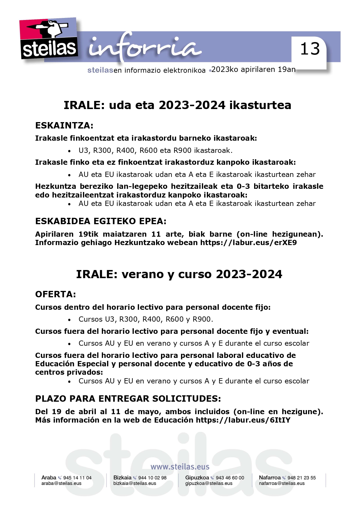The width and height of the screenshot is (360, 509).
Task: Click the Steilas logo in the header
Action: tap(49, 39)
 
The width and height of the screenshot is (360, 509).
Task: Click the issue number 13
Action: tap(310, 49)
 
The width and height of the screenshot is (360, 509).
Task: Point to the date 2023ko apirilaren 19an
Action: tap(254, 70)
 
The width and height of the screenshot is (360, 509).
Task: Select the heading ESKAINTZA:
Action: tap(64, 126)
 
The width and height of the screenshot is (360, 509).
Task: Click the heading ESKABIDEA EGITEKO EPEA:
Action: tap(101, 221)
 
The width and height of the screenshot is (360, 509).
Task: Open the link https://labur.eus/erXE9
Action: tap(249, 242)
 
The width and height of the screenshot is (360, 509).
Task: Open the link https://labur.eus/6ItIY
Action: tap(243, 420)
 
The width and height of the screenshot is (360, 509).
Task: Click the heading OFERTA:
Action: tap(55, 294)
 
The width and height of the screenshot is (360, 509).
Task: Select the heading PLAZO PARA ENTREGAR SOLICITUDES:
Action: tap(128, 399)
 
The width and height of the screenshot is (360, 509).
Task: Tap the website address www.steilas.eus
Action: tap(180, 467)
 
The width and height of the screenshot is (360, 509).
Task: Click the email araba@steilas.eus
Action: tap(61, 483)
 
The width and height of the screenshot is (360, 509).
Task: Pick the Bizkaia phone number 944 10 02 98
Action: tap(152, 478)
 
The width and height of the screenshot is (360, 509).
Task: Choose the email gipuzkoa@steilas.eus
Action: tap(209, 483)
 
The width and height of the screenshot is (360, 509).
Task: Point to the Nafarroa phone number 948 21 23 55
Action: tap(301, 478)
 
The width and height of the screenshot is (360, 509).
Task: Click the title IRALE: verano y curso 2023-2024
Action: tap(179, 274)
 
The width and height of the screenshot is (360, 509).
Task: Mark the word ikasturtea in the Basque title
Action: tap(260, 105)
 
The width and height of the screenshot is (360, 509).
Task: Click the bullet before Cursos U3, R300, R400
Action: tap(69, 320)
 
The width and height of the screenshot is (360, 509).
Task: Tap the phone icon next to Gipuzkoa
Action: tap(212, 478)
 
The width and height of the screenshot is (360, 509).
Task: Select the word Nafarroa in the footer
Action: tap(269, 478)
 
